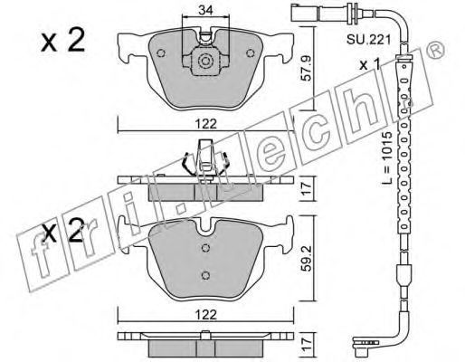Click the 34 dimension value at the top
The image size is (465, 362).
pos(206,10)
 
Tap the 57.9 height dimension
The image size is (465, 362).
pos(307,69)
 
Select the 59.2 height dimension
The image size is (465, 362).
pos(307,258)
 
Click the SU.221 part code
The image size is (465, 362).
pos(368,39)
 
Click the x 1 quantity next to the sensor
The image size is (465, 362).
pos(370,64)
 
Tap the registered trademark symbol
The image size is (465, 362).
pos(436,51)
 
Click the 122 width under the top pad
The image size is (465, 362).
pos(206,124)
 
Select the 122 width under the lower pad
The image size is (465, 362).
pos(206,315)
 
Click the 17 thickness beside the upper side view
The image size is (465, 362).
pos(307,189)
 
